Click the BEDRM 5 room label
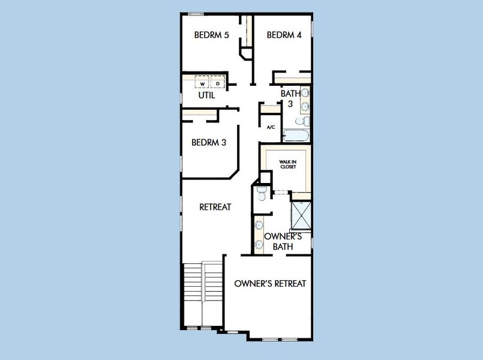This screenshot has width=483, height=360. click(212, 35)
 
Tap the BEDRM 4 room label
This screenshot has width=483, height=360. click(284, 35)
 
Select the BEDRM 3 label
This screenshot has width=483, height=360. click(209, 142)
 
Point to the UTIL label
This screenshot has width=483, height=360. click(206, 95)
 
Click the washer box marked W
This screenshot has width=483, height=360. click(202, 83)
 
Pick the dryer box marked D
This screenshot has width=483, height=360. click(217, 83)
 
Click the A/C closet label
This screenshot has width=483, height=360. click(271, 127)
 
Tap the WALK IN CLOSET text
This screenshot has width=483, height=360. click(288, 164)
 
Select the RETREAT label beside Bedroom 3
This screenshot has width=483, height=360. click(215, 207)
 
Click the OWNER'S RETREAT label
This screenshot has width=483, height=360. click(270, 283)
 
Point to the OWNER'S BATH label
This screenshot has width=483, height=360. click(283, 241)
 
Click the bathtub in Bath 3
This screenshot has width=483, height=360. click(296, 136)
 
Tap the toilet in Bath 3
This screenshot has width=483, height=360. click(303, 121)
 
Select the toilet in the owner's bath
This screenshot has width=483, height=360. click(262, 193)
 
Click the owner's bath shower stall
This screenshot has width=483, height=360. click(301, 215)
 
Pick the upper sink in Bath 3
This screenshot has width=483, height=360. click(305, 92)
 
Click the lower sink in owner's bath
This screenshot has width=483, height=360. click(259, 245)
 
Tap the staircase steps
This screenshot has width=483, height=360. click(203, 282)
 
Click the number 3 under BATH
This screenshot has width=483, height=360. click(290, 104)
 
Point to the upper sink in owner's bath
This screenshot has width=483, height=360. click(259, 225)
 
